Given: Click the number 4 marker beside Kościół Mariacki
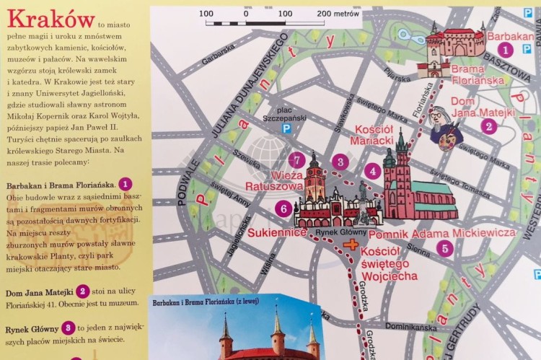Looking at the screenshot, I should coord(372,171).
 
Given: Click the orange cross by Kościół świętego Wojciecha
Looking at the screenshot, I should coord(351,245).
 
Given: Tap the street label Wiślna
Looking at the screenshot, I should coord(268,265).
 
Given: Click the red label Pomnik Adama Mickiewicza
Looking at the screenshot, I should coord(441,233).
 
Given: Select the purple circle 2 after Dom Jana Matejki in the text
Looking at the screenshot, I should coord(83,291).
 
